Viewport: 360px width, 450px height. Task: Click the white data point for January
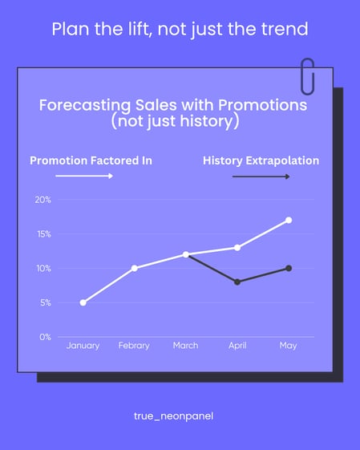coord(83,302)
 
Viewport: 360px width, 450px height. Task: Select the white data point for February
coord(135,268)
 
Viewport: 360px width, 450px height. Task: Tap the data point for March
coord(186,254)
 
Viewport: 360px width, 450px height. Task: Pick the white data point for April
coord(237,247)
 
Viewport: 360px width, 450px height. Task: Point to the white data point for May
coord(289,220)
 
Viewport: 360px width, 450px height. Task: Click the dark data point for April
coord(237,282)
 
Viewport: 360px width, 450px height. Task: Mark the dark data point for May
coord(289,268)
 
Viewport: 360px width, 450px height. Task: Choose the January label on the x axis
coord(83,346)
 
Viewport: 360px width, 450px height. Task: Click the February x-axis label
coord(135,346)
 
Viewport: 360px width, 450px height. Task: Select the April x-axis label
coord(237,346)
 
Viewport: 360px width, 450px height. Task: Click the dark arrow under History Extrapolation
coord(261,176)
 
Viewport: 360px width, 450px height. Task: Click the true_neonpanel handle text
coord(180,416)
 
